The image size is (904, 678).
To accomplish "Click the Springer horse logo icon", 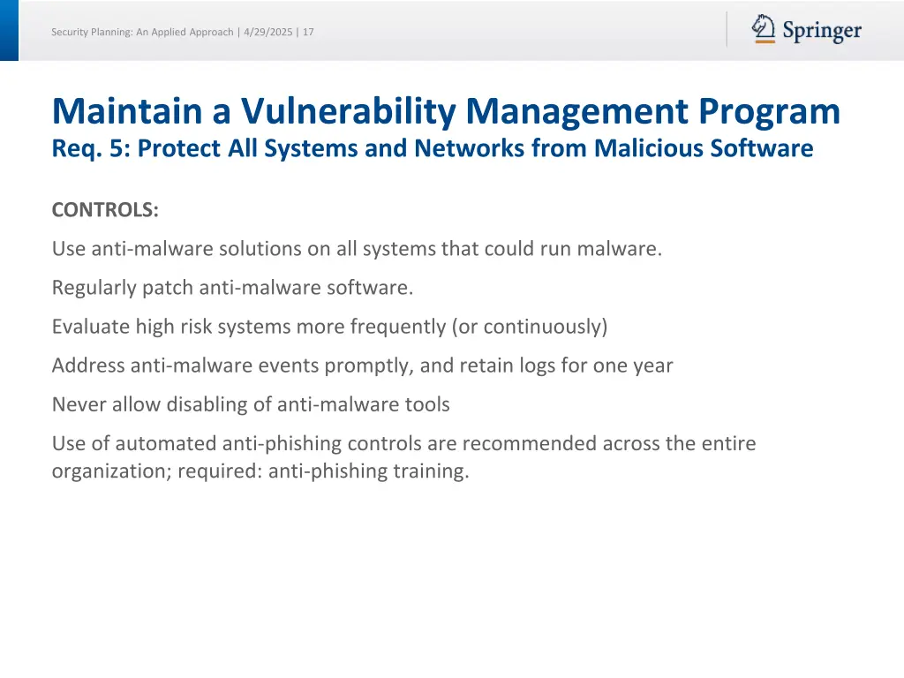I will click(764, 29).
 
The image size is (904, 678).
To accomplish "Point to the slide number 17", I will click(308, 32).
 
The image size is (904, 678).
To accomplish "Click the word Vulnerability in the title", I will click(349, 112).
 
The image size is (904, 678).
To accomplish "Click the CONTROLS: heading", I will click(105, 210).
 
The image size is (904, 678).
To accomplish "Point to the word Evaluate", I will click(91, 327).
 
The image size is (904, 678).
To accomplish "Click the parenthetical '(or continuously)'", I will click(530, 327).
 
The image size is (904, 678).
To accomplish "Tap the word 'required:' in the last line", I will click(220, 471).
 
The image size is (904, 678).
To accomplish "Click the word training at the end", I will click(433, 471).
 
